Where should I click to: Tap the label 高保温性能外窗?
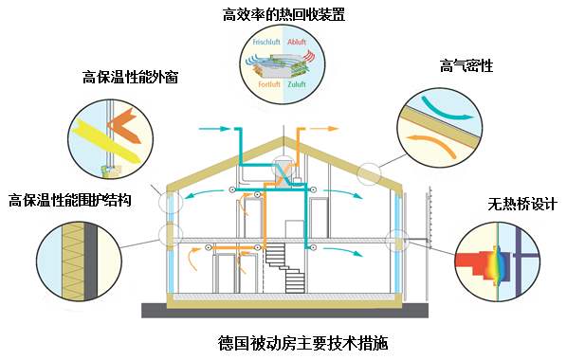(x=131, y=76)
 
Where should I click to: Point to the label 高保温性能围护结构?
(x=70, y=200)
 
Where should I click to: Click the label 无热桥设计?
(x=521, y=204)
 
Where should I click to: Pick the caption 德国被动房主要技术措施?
(x=289, y=342)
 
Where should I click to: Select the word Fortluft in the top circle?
(x=269, y=84)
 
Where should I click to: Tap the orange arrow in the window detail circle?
(x=123, y=128)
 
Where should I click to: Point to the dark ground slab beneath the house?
(x=284, y=310)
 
